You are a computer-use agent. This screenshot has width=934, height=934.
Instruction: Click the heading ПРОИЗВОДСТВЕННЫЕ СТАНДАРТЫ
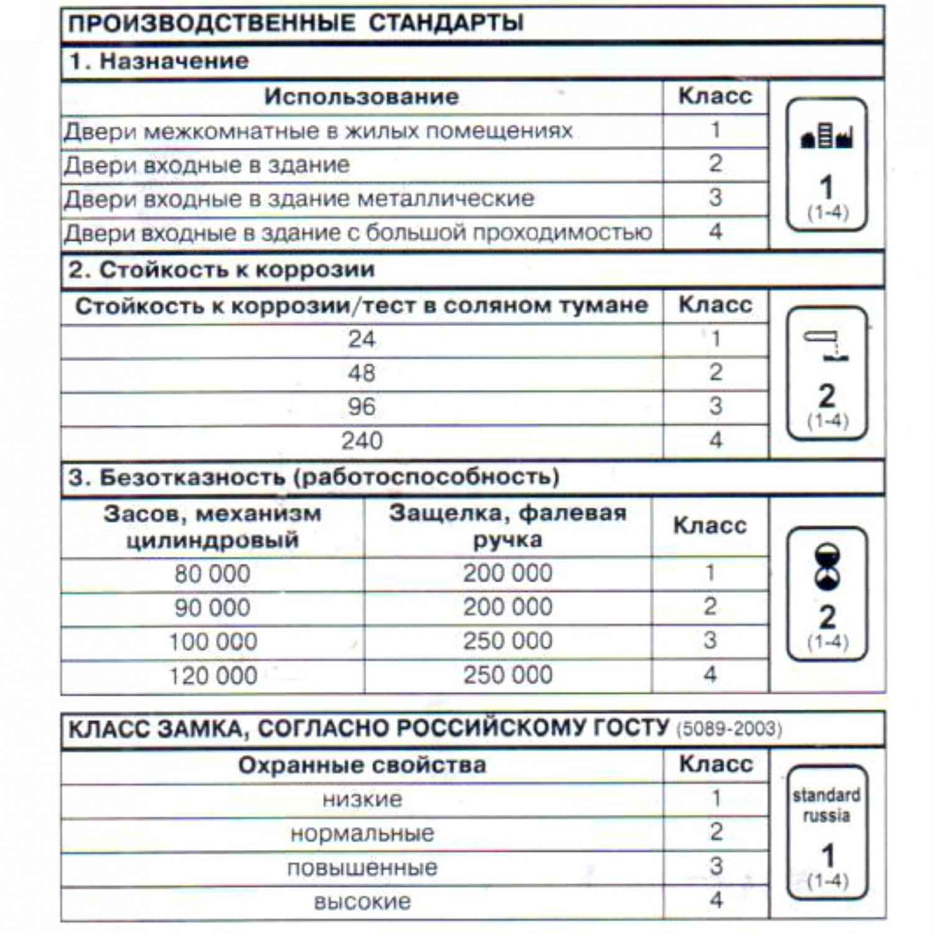(x=295, y=23)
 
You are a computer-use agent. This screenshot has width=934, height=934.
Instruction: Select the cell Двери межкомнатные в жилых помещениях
(x=318, y=131)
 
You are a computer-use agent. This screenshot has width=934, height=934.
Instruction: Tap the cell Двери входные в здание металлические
(x=299, y=199)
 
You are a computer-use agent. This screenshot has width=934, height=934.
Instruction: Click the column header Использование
(x=361, y=97)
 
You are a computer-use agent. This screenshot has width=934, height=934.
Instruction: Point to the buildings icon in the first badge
(x=826, y=136)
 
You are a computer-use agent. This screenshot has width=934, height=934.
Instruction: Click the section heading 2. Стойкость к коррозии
(x=221, y=270)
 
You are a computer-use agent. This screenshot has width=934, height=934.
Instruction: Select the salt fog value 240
(x=362, y=441)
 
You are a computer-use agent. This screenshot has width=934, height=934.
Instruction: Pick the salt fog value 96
(x=362, y=407)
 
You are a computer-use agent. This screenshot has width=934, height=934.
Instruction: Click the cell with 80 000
(x=212, y=573)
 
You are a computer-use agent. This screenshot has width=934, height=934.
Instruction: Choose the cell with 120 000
(x=213, y=676)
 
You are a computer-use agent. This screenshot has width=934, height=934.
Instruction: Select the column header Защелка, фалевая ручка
(x=507, y=526)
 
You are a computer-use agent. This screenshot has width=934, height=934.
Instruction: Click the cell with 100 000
(x=213, y=641)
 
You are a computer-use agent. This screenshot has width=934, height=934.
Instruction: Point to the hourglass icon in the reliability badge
(x=827, y=567)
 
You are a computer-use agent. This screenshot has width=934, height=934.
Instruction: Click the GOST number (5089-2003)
(x=729, y=729)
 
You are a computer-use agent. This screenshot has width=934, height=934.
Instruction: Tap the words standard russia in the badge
(x=826, y=805)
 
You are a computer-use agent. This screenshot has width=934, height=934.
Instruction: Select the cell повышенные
(x=362, y=868)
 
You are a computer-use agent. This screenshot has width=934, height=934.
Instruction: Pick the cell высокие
(x=362, y=902)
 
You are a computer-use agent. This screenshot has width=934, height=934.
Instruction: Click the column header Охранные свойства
(x=362, y=765)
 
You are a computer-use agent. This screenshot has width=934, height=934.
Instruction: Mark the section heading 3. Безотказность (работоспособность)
(x=314, y=478)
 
